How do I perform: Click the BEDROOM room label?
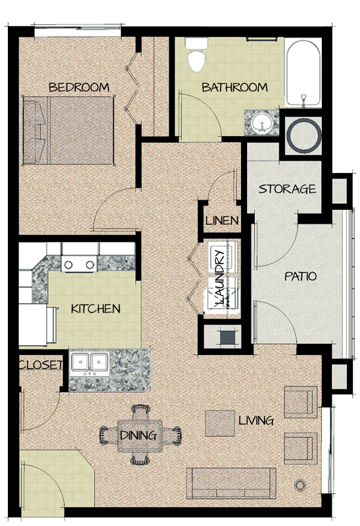point(78,87)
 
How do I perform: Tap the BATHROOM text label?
point(234,87)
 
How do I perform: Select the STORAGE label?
point(287,189)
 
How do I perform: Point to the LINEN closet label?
point(221,220)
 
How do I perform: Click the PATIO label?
point(300,276)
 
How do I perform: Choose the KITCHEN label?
point(95,308)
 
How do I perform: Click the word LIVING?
point(256,419)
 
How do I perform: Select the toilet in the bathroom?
point(195,56)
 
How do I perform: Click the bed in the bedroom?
point(69,129)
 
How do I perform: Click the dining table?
point(139,435)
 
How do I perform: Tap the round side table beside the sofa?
point(302,485)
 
